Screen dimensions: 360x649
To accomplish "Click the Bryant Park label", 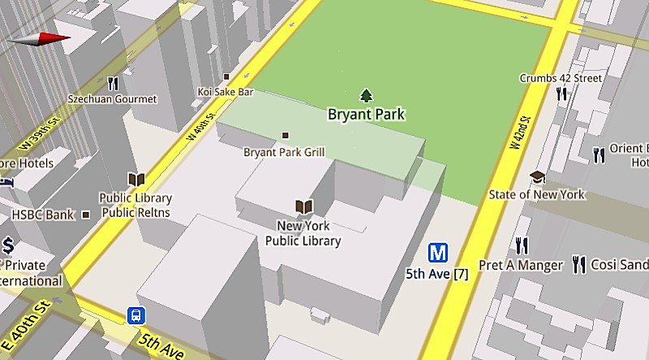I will click(366, 115).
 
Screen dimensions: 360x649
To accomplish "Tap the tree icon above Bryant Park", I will click(366, 95).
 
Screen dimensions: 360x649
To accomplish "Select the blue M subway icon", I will click(439, 253).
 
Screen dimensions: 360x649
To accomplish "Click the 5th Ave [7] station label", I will click(438, 274).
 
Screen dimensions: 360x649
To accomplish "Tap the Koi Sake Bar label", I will click(226, 93).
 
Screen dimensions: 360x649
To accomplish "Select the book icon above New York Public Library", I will click(303, 207).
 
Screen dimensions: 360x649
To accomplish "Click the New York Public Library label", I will click(303, 233).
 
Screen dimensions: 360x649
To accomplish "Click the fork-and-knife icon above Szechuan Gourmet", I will click(113, 83).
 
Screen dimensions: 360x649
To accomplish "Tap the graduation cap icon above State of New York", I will click(537, 176).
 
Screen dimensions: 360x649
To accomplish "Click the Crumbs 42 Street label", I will click(561, 78).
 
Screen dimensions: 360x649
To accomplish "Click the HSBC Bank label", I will click(42, 215).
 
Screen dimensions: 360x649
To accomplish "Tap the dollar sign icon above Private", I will click(8, 245).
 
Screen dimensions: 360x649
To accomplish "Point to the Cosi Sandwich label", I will click(619, 266).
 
